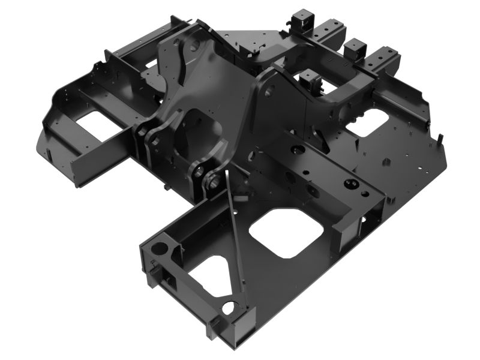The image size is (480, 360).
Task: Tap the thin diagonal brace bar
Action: pyautogui.click(x=235, y=240)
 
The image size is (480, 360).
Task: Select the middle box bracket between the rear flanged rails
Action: pyautogui.click(x=355, y=48)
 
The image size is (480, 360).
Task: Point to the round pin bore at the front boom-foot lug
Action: pyautogui.click(x=211, y=181)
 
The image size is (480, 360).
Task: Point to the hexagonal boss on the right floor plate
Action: pyautogui.click(x=386, y=161)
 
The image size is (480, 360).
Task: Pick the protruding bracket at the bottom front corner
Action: pyautogui.click(x=215, y=327)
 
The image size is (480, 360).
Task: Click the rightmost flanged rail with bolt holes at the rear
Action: pyautogui.click(x=384, y=60)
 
